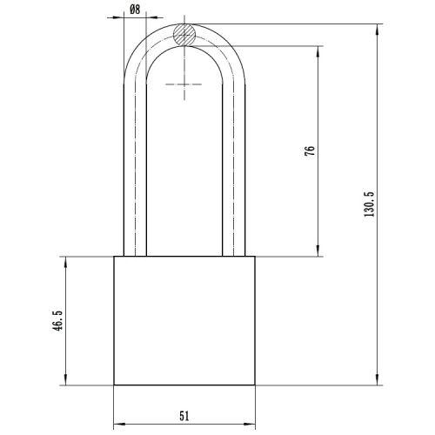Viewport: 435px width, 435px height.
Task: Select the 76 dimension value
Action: (x=310, y=150)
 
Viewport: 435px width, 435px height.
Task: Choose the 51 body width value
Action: (x=184, y=416)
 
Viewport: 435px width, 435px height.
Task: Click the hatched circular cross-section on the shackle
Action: (x=184, y=36)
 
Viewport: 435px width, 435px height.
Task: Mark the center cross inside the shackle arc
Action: (x=184, y=84)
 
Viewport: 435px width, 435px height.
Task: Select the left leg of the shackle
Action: (x=136, y=174)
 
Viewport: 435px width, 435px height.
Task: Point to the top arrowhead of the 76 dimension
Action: (x=317, y=51)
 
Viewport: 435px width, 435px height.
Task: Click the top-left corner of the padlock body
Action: (x=115, y=257)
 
